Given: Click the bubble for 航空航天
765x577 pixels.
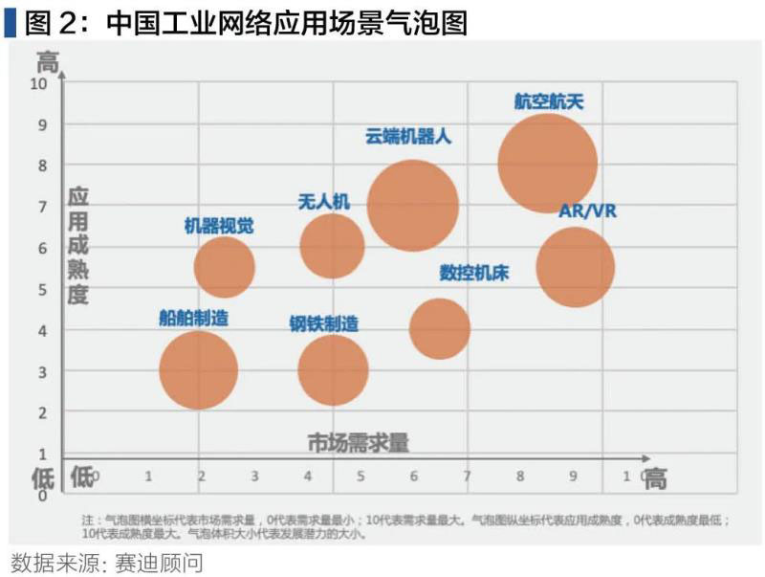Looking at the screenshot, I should tap(547, 164).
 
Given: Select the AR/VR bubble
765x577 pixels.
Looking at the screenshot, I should tap(574, 267).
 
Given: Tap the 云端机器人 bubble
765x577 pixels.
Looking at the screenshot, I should tap(412, 205).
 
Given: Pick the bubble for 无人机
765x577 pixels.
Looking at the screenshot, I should tap(332, 246).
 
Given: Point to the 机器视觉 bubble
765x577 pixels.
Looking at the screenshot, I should tap(224, 268).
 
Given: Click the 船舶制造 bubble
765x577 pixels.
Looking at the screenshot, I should tap(198, 370).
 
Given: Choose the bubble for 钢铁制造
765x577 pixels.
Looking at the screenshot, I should tap(333, 370).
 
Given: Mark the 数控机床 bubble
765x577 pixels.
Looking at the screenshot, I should tap(439, 328).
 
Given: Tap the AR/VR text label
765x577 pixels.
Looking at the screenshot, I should tap(587, 211).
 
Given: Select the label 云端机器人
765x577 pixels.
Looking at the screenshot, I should tap(408, 136).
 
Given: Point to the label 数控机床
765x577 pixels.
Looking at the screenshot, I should tap(473, 273).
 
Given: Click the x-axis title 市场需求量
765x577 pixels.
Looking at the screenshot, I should tap(358, 442).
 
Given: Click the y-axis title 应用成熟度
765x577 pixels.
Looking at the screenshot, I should tap(77, 246).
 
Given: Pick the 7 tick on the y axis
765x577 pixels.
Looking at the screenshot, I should tap(42, 207).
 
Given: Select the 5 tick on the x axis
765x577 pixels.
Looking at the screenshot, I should tap(361, 476).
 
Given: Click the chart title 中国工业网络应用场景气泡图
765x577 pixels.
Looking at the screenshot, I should tap(286, 21).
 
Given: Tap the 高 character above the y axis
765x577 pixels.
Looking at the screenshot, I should tap(48, 63).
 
